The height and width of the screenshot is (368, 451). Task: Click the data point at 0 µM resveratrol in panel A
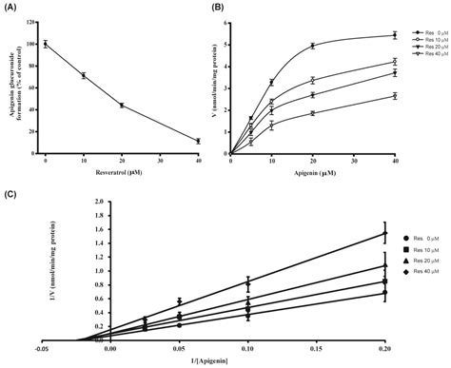point(45,44)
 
